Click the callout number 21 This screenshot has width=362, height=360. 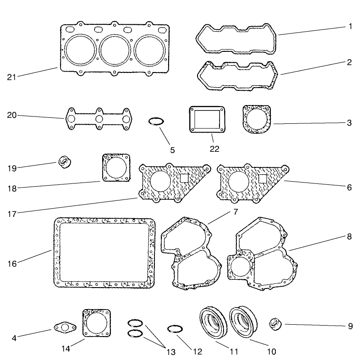(x=12, y=76)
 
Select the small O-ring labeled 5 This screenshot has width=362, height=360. (x=156, y=122)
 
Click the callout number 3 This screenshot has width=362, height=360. (x=349, y=123)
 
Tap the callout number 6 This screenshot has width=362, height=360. (x=349, y=188)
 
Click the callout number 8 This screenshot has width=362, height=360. (x=349, y=237)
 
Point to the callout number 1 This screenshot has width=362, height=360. (x=350, y=27)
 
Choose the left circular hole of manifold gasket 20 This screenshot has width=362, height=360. (x=72, y=119)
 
